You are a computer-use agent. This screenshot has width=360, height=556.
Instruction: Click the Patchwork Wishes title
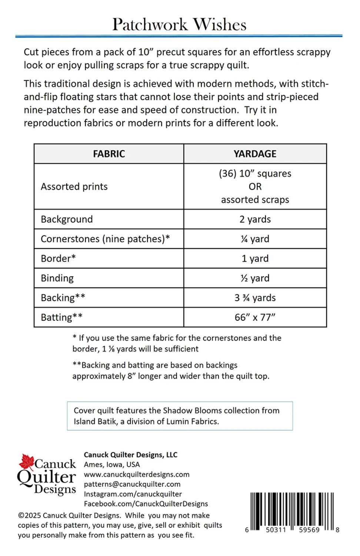click(x=179, y=24)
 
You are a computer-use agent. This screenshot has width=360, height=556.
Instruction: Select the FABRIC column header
click(x=109, y=154)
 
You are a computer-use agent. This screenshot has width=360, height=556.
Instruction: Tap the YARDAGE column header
click(x=255, y=154)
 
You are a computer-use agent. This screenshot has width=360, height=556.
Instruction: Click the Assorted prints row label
click(x=74, y=186)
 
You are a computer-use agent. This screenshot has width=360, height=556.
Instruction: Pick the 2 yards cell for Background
click(x=255, y=219)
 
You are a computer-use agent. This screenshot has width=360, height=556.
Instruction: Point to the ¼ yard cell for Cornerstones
click(x=255, y=239)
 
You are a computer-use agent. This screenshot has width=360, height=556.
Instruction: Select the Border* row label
click(x=58, y=258)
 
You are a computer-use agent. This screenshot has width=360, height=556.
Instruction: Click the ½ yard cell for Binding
click(x=255, y=278)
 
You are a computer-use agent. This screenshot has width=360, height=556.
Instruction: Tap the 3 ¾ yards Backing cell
click(x=255, y=298)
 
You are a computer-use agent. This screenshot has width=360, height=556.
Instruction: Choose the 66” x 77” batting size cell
click(x=255, y=317)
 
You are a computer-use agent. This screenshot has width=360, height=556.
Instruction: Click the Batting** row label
click(x=61, y=317)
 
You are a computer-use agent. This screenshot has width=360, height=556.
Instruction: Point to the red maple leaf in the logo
click(x=27, y=462)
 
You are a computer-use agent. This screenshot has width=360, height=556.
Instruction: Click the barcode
click(x=291, y=512)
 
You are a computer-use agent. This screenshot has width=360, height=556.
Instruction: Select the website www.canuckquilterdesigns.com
click(x=136, y=474)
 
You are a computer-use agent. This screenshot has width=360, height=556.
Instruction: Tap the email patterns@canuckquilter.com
click(x=132, y=484)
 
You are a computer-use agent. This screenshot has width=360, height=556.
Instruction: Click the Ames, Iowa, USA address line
click(x=111, y=464)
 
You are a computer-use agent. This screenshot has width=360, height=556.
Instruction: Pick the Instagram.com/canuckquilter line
click(x=133, y=494)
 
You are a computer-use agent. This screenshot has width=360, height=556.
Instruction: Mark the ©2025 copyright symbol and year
click(x=29, y=516)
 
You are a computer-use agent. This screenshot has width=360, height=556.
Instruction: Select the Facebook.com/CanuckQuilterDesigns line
click(x=146, y=504)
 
